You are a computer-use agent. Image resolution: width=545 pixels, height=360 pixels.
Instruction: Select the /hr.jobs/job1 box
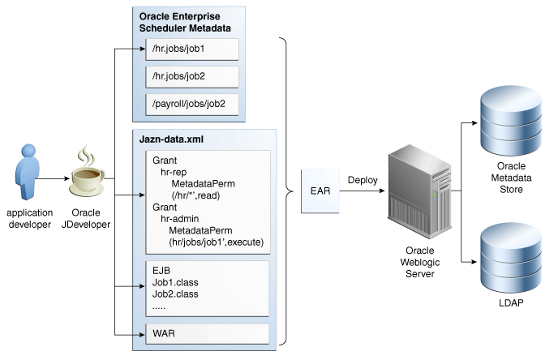click(x=192, y=49)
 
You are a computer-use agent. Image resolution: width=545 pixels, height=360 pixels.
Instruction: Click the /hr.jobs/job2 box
click(x=192, y=77)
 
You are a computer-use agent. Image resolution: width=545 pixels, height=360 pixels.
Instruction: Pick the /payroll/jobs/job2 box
click(x=192, y=104)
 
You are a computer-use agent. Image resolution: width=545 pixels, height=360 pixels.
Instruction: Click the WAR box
click(x=206, y=332)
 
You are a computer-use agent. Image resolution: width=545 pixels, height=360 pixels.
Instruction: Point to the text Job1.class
click(x=175, y=282)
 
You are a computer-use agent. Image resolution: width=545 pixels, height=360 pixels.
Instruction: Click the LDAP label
click(x=511, y=302)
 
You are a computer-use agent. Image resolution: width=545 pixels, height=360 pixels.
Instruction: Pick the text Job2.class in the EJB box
click(x=175, y=294)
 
